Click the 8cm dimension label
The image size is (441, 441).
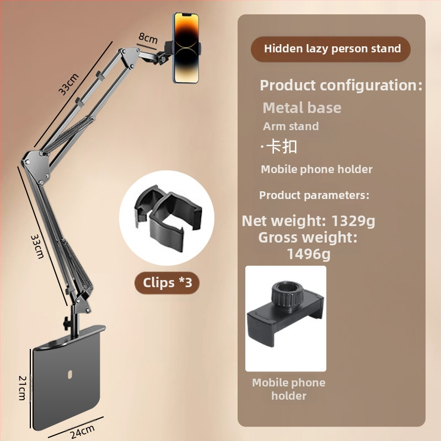tap(148, 38)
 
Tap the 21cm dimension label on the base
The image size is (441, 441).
tap(22, 388)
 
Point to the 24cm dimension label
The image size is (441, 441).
tap(82, 432)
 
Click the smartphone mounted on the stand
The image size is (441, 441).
tap(186, 48)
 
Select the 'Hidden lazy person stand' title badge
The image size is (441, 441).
tap(331, 49)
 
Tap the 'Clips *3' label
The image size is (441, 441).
tap(168, 283)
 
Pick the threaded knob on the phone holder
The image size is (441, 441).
tap(287, 295)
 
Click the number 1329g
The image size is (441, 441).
tap(353, 221)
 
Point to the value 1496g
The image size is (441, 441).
tap(309, 254)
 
